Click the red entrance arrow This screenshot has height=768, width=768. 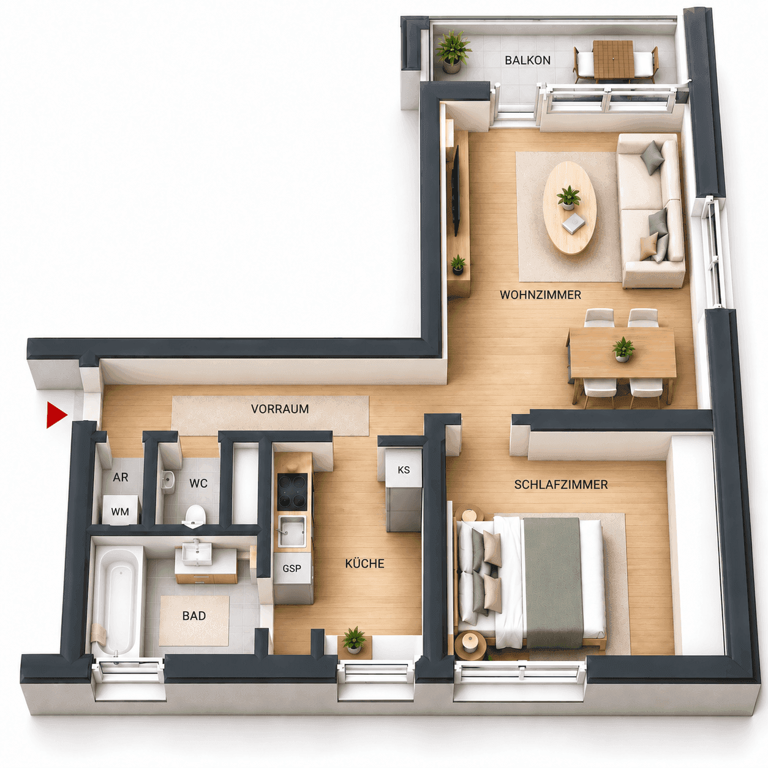click(x=56, y=415)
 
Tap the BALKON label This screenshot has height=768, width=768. click(x=527, y=60)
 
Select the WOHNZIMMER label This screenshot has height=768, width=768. click(x=540, y=295)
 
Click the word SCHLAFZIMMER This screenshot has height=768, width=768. click(x=561, y=484)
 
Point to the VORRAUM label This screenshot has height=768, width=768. click(x=280, y=409)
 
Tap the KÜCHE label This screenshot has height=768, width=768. click(x=364, y=563)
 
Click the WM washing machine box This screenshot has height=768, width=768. click(x=121, y=510)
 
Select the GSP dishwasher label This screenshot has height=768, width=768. click(x=292, y=568)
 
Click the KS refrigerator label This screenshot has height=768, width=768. click(x=404, y=470)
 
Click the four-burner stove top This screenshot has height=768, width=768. click(x=293, y=492)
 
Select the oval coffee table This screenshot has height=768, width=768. click(x=570, y=208)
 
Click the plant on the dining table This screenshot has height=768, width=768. click(x=623, y=350)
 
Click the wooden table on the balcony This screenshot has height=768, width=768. click(x=614, y=59)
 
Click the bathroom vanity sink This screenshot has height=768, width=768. click(x=197, y=554)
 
